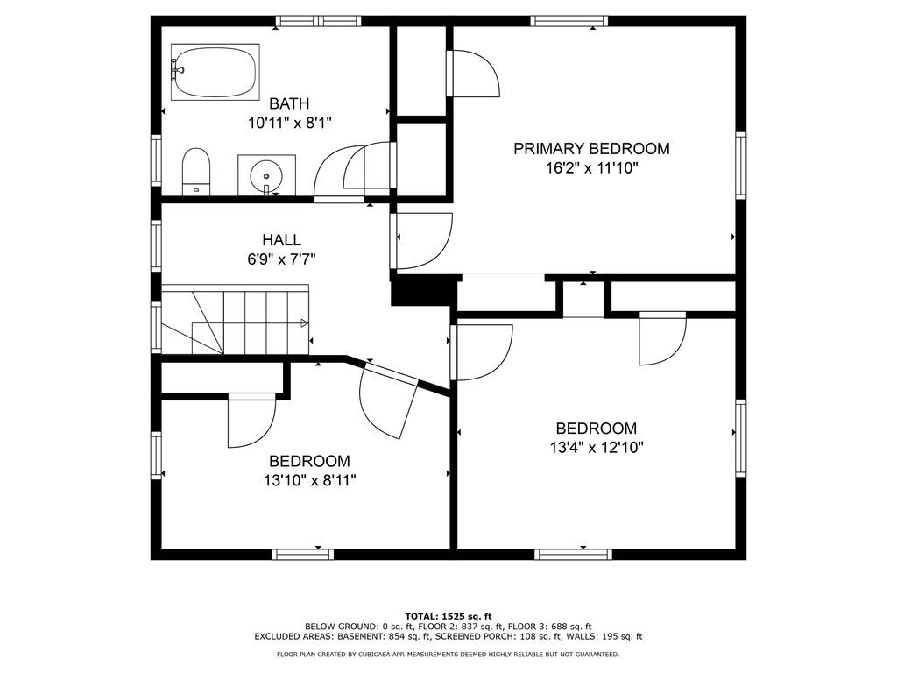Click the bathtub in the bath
coord(215,72)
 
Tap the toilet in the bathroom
coord(196,172)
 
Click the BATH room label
coord(289,103)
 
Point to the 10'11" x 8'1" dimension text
coord(289,123)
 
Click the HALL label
coord(281,240)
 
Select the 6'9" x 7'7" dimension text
coord(281,259)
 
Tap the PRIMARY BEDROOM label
coord(591,149)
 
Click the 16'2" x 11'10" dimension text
coord(591,168)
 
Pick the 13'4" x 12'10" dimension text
coord(597,448)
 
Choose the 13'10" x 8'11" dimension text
coord(309,480)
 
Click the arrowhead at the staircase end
coord(305,324)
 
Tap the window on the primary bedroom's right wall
coord(741,166)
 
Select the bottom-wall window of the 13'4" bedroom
coord(573,554)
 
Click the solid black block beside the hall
coord(425,292)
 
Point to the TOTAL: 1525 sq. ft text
coord(448,616)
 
